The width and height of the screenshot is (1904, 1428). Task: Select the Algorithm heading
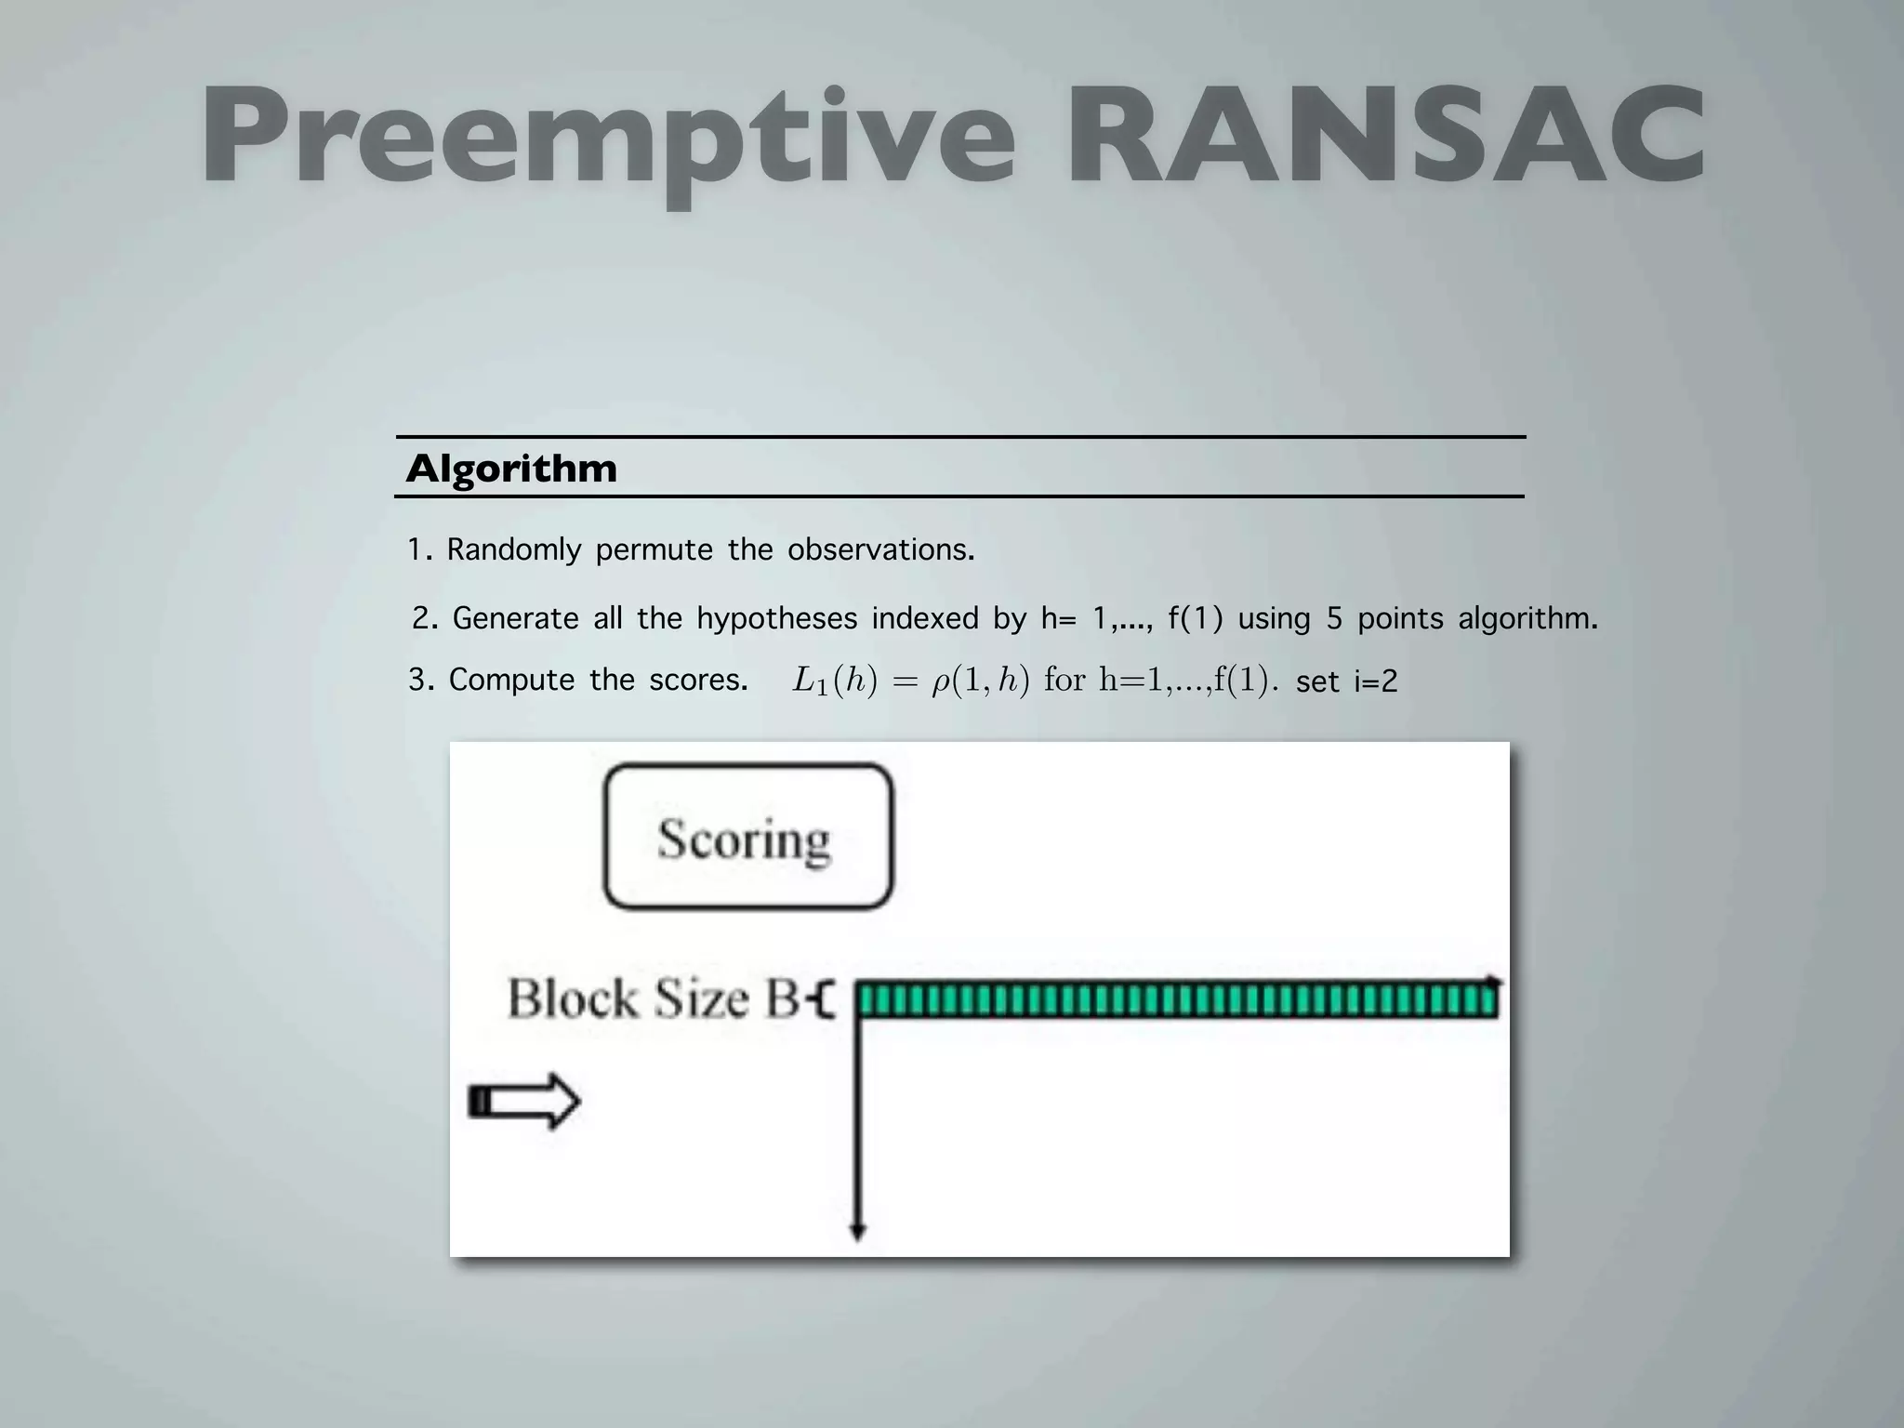(x=511, y=469)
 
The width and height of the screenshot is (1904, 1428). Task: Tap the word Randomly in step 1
(x=513, y=550)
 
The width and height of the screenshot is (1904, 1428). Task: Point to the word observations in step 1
(x=880, y=550)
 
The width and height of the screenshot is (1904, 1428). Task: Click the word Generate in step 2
(x=515, y=618)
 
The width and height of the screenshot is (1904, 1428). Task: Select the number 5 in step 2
(x=1334, y=618)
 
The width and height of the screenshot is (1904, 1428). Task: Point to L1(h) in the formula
(x=834, y=681)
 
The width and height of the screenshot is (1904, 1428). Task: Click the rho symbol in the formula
(x=940, y=683)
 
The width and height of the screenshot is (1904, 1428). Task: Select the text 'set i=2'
(x=1346, y=682)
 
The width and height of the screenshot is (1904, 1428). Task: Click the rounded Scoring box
(x=747, y=836)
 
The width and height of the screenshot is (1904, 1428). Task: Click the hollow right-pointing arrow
(x=525, y=1102)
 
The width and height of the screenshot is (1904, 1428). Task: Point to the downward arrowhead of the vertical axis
(x=858, y=1232)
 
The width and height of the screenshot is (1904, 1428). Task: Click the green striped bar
(x=1177, y=1000)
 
